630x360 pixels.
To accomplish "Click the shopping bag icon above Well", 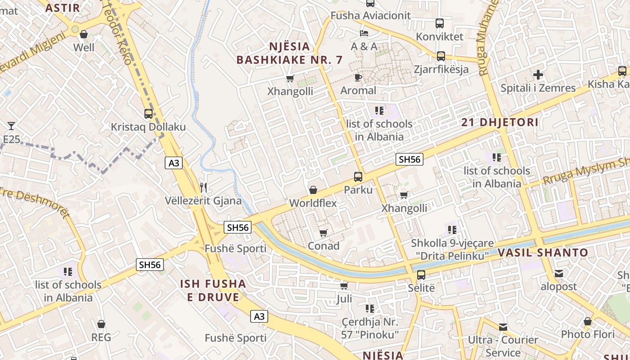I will pyautogui.click(x=83, y=34).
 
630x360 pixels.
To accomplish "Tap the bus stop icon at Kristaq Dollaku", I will pyautogui.click(x=148, y=114).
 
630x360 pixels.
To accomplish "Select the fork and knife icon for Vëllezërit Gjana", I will pyautogui.click(x=203, y=187).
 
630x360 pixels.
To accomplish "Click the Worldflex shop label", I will pyautogui.click(x=313, y=203).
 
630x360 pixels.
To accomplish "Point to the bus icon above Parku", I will pyautogui.click(x=358, y=177).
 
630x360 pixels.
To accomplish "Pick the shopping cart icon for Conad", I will pyautogui.click(x=323, y=233).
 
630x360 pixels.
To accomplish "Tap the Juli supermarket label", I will pyautogui.click(x=344, y=299).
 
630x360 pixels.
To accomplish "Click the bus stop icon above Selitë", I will pyautogui.click(x=421, y=274).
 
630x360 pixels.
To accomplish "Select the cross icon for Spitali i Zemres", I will pyautogui.click(x=538, y=75).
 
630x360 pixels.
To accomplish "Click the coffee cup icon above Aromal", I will pyautogui.click(x=358, y=77).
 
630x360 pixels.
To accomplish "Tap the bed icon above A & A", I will pyautogui.click(x=364, y=33).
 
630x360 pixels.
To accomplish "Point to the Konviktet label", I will pyautogui.click(x=439, y=36).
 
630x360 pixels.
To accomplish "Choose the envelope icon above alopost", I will pyautogui.click(x=558, y=274).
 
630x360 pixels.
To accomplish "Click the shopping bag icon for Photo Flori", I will pyautogui.click(x=587, y=321).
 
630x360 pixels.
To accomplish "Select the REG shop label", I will pyautogui.click(x=101, y=337).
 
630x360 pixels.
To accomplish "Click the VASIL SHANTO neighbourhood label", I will pyautogui.click(x=543, y=252).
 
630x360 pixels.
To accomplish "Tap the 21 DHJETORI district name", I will pyautogui.click(x=500, y=122).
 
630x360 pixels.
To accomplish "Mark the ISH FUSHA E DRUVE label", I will pyautogui.click(x=213, y=290).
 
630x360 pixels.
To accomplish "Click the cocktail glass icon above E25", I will pyautogui.click(x=11, y=126).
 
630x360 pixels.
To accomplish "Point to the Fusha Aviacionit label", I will pyautogui.click(x=370, y=16).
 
